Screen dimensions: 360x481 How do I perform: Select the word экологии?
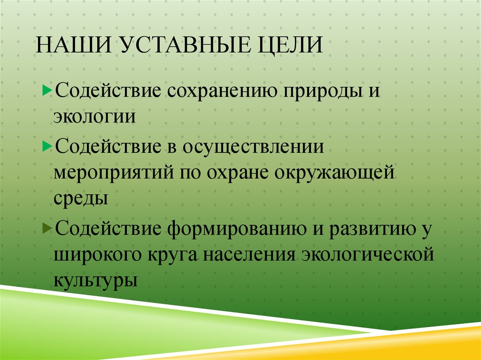pos(94,116)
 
